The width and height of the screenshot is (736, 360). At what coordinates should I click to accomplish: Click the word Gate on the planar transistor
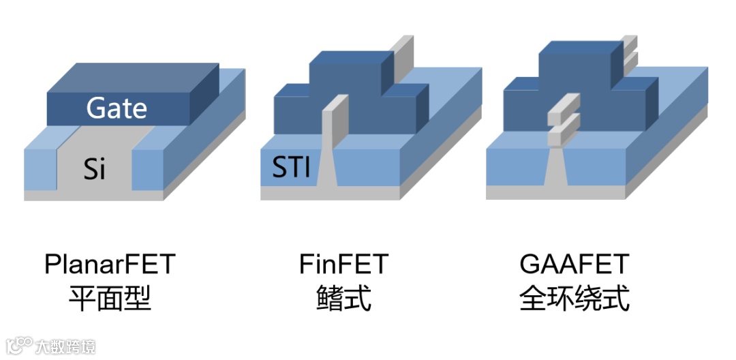[x=117, y=108]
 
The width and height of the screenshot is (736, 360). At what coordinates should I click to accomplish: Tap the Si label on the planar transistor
[x=95, y=168]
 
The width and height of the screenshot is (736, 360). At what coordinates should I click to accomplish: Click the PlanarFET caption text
[x=110, y=264]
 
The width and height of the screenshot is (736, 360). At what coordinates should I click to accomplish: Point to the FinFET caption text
[x=343, y=264]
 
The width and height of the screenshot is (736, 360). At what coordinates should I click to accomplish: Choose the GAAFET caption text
[x=574, y=264]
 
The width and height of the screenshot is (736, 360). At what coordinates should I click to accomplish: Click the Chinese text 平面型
[x=110, y=298]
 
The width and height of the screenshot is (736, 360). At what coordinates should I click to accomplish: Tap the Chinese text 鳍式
[x=343, y=298]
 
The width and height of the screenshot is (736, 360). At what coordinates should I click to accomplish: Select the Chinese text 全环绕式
[x=574, y=298]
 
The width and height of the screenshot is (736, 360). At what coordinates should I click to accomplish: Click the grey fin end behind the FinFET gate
[x=404, y=51]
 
